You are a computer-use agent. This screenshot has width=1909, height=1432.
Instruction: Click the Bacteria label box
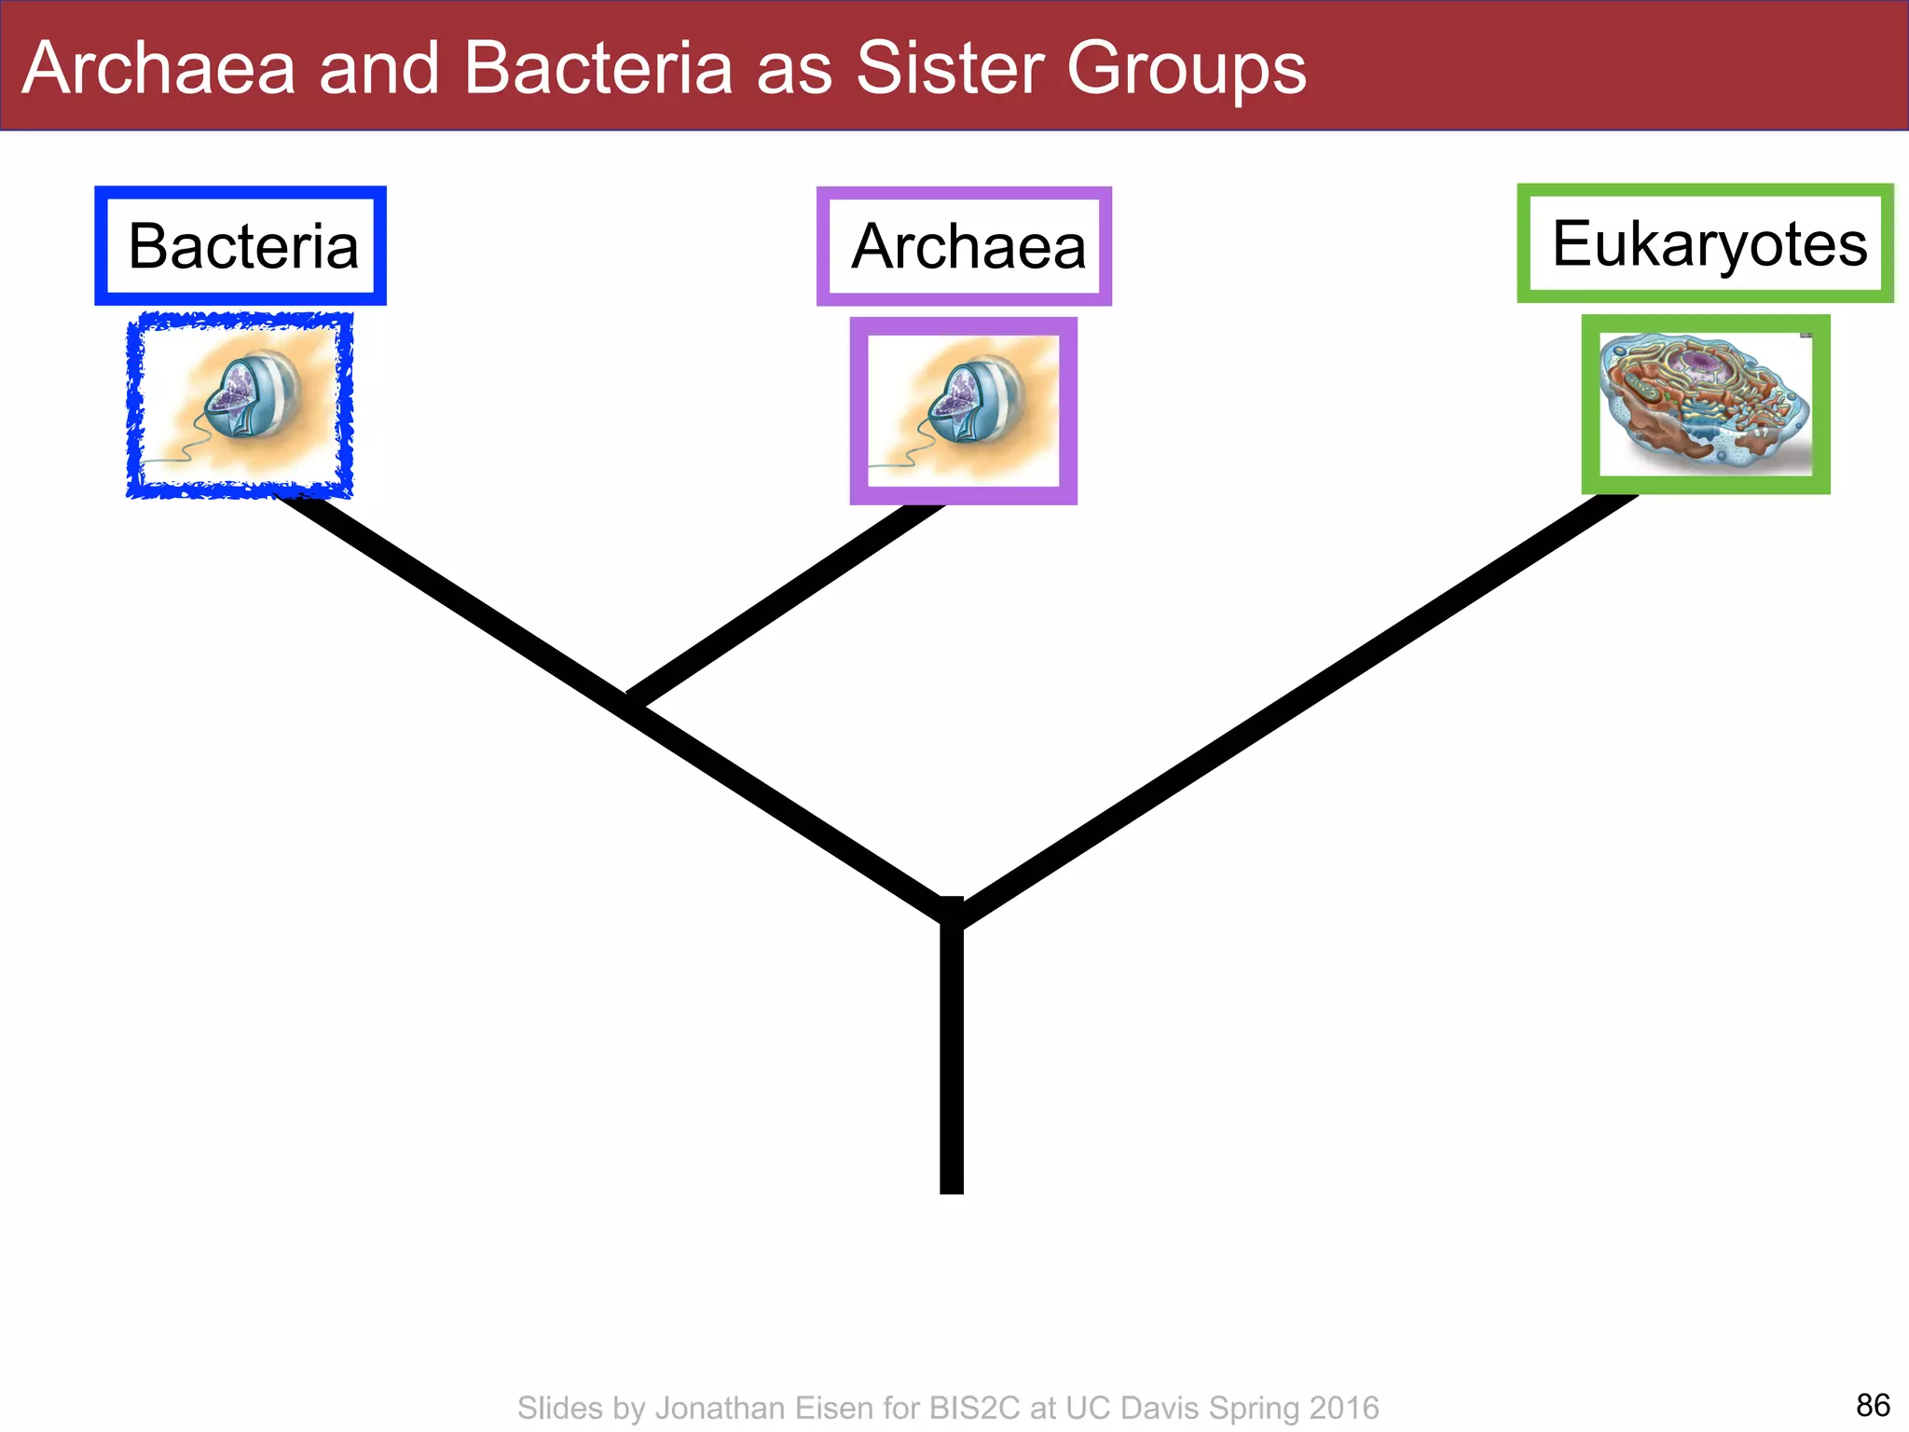point(240,246)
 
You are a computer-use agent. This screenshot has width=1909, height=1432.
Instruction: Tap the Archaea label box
point(964,247)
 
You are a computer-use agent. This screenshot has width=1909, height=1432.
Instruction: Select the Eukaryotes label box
point(1705,244)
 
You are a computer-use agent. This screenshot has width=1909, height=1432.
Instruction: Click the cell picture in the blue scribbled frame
point(240,405)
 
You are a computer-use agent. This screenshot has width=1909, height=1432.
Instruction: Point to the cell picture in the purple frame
point(963,410)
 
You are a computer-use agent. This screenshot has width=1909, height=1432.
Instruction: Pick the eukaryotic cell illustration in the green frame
point(1705,405)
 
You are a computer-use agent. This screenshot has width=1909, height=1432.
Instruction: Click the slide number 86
point(1873,1405)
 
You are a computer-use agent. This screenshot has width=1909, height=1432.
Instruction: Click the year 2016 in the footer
point(1343,1408)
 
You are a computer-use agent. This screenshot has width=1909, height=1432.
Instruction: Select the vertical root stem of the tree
point(952,1063)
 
